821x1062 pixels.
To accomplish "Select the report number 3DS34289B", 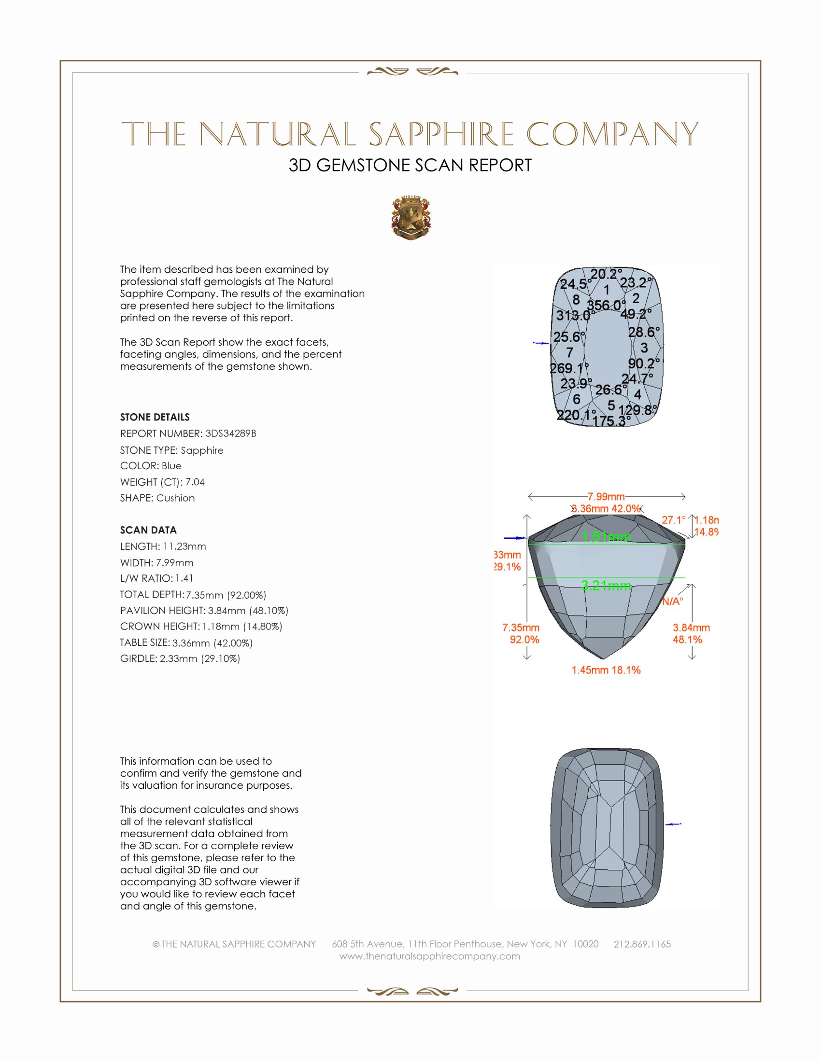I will click(x=230, y=433).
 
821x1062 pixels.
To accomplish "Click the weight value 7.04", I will click(x=195, y=482).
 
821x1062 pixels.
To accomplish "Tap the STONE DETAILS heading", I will click(x=155, y=417).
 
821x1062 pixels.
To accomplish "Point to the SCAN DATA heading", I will click(x=148, y=530).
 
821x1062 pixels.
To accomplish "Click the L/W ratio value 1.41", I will click(x=184, y=578).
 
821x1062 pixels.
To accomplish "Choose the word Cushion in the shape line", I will click(x=176, y=498).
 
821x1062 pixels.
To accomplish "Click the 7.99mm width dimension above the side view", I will click(x=606, y=496).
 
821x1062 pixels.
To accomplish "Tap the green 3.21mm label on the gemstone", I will click(x=606, y=586).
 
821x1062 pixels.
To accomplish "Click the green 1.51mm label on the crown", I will click(x=606, y=537).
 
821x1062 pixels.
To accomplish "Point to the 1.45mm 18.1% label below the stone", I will click(x=606, y=670).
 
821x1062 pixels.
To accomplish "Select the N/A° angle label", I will click(x=673, y=601).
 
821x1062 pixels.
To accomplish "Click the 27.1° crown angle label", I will click(x=674, y=520).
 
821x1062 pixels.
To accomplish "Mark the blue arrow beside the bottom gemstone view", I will click(x=673, y=824).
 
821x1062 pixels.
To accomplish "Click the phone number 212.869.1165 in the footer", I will click(x=642, y=944).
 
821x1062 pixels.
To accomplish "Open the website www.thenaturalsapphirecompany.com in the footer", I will click(x=429, y=956).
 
